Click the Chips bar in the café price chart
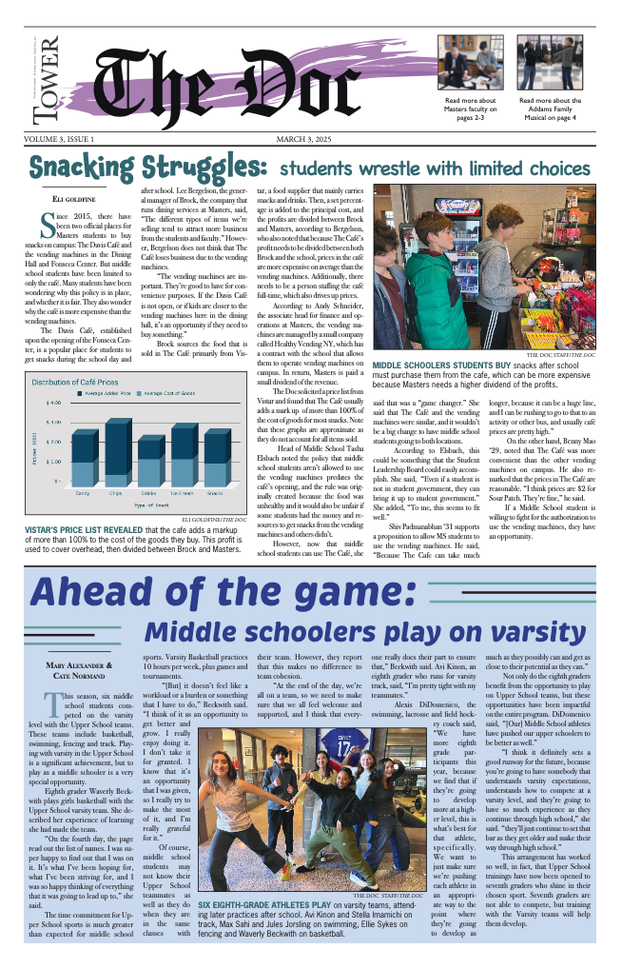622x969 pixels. [x=115, y=457]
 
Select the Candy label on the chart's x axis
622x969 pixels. [x=82, y=492]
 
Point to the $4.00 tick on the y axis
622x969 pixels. [x=55, y=422]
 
